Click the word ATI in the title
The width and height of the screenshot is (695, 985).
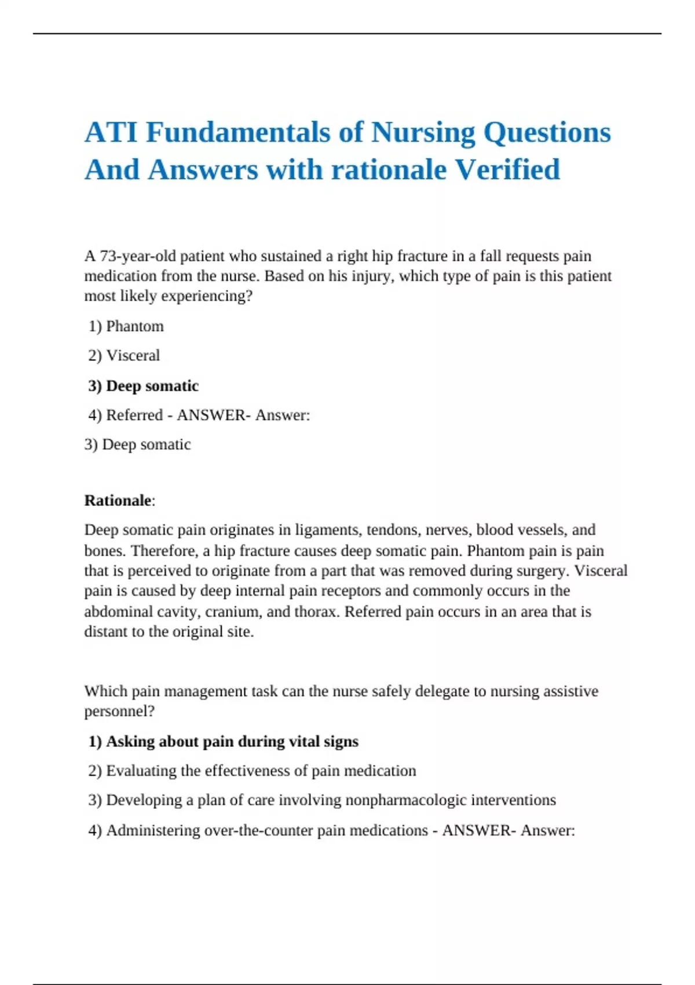pos(111,132)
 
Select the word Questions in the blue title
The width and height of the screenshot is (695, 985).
pos(547,132)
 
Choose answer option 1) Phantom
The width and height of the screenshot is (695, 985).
pos(126,326)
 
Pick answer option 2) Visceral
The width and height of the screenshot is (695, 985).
pos(124,355)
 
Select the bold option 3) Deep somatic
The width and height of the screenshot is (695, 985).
pos(144,386)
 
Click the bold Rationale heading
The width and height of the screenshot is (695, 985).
pos(118,501)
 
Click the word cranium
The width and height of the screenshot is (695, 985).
pos(233,612)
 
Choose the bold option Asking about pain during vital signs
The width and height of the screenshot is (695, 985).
pos(224,742)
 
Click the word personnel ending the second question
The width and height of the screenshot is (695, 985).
pos(118,711)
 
